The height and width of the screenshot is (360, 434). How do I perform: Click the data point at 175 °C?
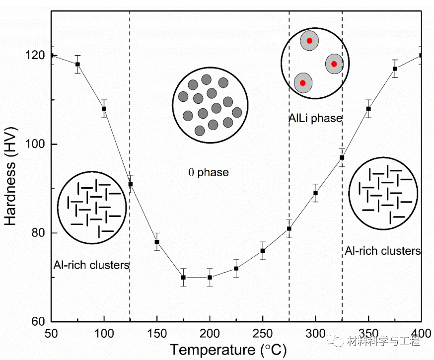(183, 277)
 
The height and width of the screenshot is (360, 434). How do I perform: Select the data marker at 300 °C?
(315, 193)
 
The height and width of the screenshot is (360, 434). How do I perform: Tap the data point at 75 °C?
(77, 64)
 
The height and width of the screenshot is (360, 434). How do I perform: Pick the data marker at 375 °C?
(395, 69)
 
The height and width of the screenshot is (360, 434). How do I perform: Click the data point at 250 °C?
(263, 250)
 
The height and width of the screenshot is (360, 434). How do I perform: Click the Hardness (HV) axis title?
(11, 188)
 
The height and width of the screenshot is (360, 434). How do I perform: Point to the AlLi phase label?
(315, 118)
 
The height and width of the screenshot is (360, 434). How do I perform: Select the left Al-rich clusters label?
(91, 265)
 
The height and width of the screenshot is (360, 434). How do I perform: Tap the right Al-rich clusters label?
(382, 251)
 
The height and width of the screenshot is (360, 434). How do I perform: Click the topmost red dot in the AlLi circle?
(309, 41)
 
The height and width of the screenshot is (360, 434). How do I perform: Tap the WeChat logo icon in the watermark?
(339, 341)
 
